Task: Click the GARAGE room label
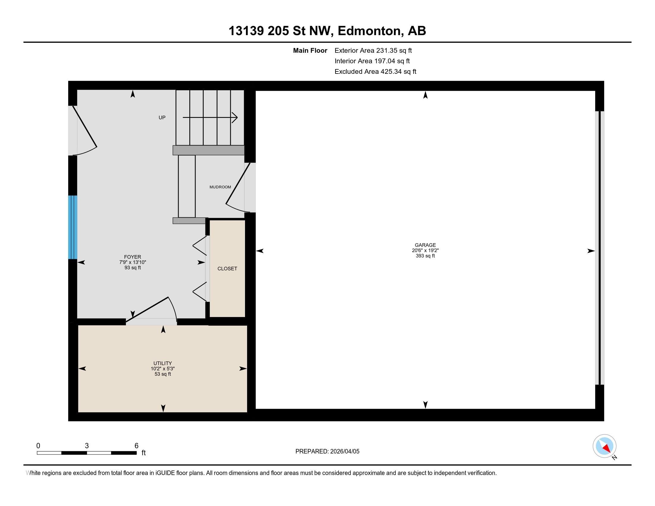coord(425,245)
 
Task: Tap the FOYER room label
coord(132,257)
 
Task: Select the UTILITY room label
coord(163,363)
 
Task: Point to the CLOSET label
coord(227,268)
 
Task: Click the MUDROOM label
coord(220,187)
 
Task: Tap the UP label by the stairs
coord(162,118)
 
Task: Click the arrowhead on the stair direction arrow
coord(235,117)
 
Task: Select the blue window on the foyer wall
coord(73,227)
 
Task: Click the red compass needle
coord(606,449)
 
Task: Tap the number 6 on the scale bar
coord(136,446)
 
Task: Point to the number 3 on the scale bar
coord(87,446)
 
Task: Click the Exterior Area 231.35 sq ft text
coord(373,50)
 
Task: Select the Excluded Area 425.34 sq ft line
coord(375,71)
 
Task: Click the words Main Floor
coord(310,50)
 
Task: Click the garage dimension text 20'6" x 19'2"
coord(425,251)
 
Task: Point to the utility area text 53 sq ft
coord(163,374)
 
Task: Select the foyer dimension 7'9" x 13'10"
coord(132,262)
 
